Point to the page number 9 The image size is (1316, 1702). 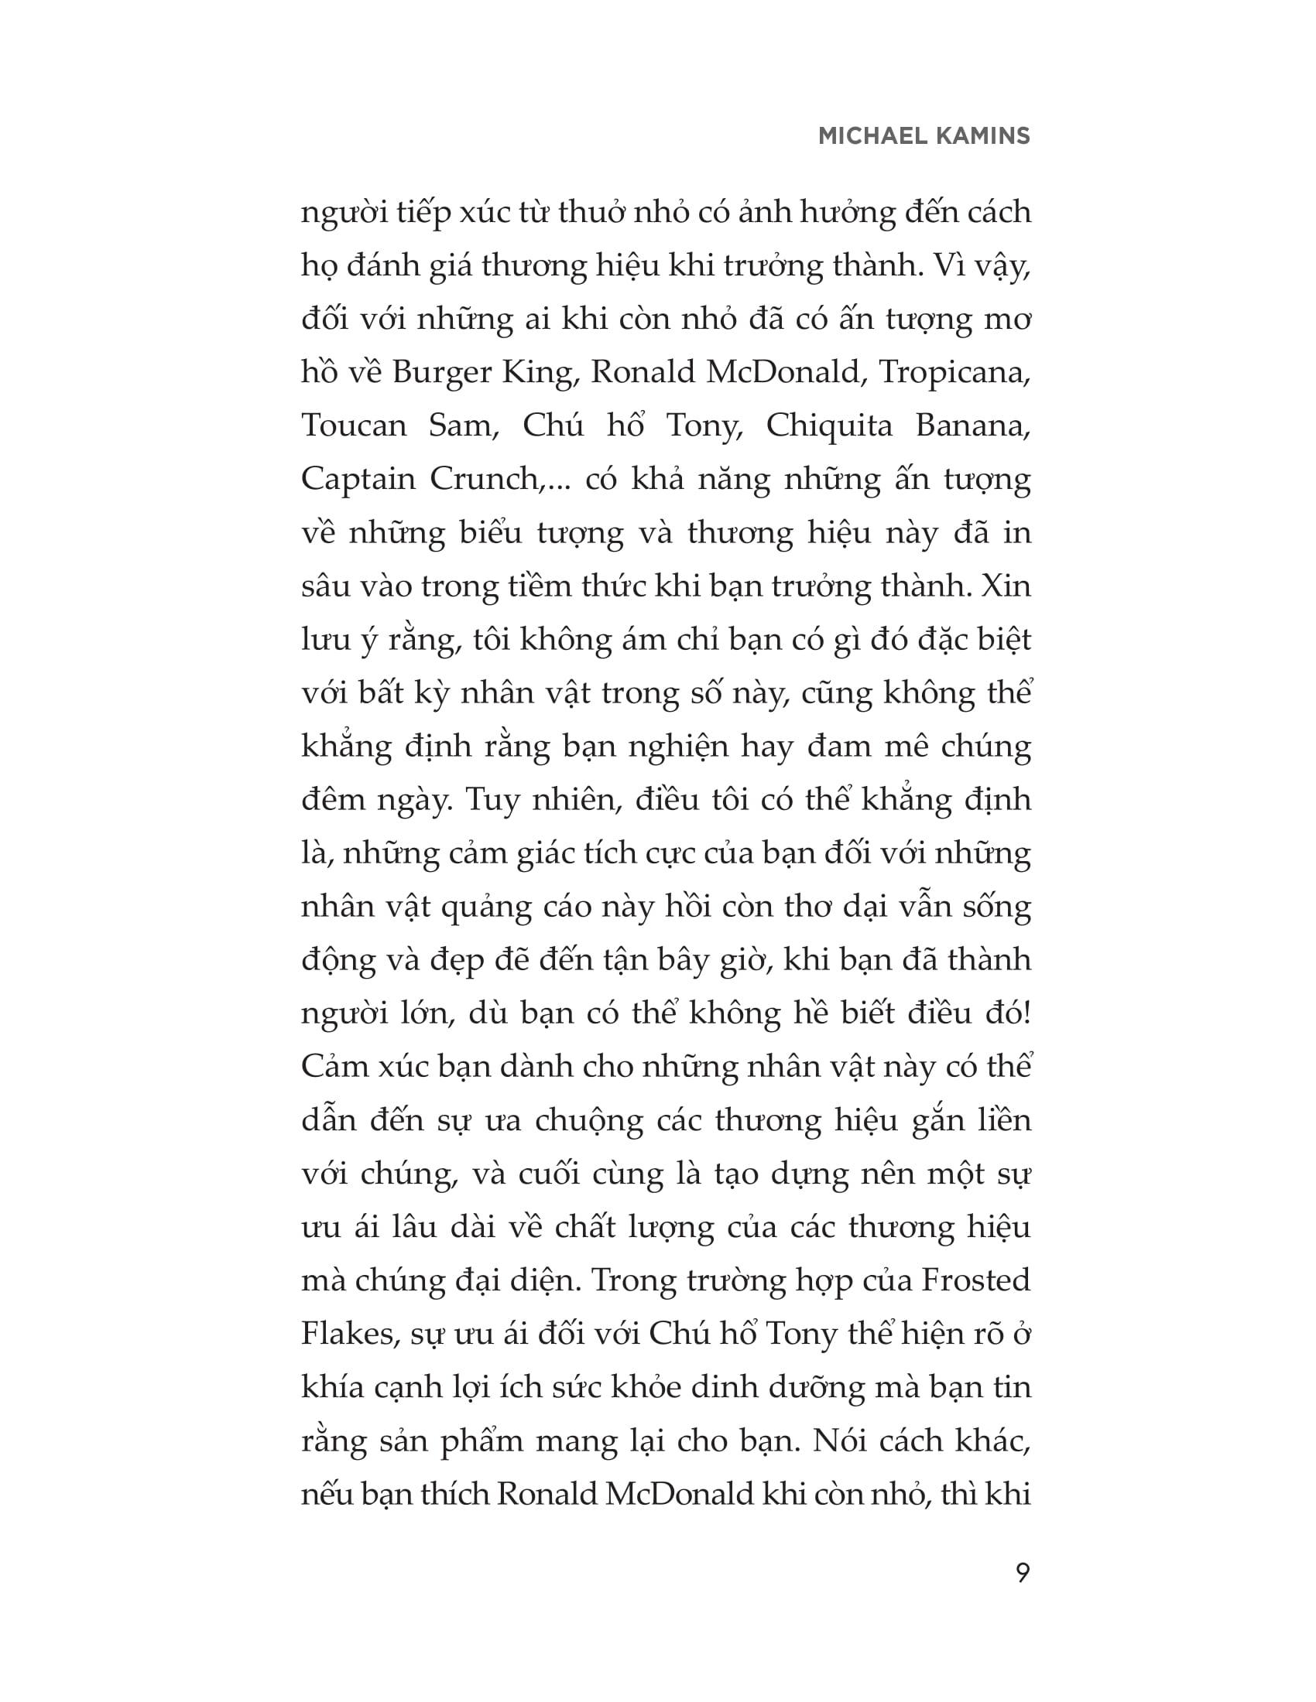1023,1573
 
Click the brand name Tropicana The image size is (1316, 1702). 955,374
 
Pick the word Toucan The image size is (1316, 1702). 354,426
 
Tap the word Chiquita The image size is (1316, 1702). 829,426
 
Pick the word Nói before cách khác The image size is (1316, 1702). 839,1441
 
